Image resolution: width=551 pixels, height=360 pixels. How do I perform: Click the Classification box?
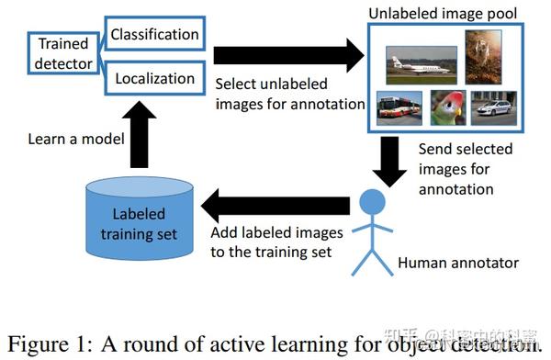coord(153,36)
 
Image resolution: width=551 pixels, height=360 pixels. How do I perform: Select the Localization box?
coord(153,80)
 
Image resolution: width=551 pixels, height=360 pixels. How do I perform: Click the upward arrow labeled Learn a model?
coord(139,134)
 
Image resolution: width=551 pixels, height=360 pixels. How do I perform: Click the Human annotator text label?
coord(458,264)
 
